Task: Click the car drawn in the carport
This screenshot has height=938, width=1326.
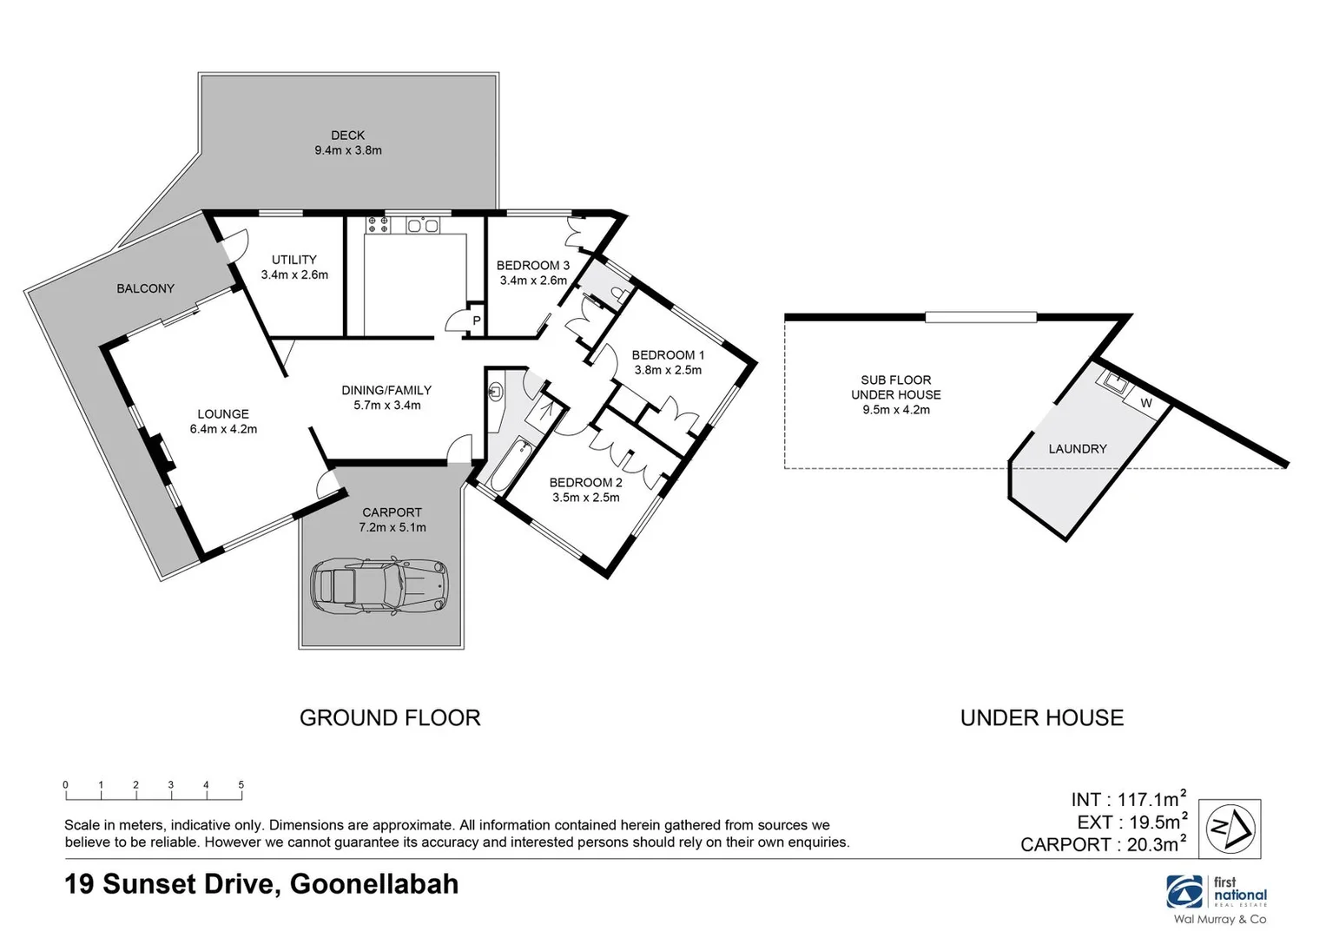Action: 379,586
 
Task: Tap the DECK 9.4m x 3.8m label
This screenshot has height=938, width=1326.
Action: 347,142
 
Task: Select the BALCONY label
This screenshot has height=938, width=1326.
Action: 145,288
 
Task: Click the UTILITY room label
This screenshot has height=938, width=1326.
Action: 294,267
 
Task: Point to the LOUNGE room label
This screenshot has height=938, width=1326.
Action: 223,421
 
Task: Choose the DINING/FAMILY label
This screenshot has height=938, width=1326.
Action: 386,398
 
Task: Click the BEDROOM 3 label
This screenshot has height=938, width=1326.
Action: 533,273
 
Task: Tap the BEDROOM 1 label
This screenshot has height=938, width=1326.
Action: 668,362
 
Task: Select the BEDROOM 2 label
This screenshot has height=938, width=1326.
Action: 585,490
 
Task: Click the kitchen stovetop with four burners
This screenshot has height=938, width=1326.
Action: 378,225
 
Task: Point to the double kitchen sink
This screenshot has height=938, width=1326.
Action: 423,226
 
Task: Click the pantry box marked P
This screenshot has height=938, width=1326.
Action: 476,320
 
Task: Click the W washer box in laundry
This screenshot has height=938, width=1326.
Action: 1145,404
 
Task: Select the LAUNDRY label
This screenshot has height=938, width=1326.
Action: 1077,449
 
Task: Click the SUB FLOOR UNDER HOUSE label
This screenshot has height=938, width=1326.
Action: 895,394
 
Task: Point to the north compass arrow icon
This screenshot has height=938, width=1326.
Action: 1230,829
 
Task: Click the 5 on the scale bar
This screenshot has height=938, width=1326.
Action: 241,785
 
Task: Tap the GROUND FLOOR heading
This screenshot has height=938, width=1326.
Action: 390,718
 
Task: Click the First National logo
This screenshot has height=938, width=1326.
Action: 1218,894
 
